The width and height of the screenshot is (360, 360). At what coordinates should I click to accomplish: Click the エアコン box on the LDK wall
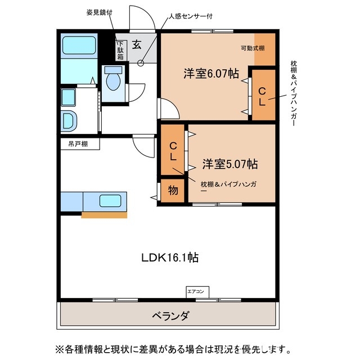coord(197,291)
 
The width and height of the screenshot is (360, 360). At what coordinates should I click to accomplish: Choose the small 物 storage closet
coord(173,191)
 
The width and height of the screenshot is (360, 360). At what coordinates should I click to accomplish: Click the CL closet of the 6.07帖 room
coord(263,96)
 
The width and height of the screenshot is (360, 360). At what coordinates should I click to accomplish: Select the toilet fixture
coord(114,80)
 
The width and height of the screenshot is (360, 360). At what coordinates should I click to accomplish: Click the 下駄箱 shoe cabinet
coord(120,50)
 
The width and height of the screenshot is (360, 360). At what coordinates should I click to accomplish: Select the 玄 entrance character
coord(137,45)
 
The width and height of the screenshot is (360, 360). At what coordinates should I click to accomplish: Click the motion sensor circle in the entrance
coord(141,63)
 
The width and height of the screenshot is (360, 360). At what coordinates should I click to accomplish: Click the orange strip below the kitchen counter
coord(104,214)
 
